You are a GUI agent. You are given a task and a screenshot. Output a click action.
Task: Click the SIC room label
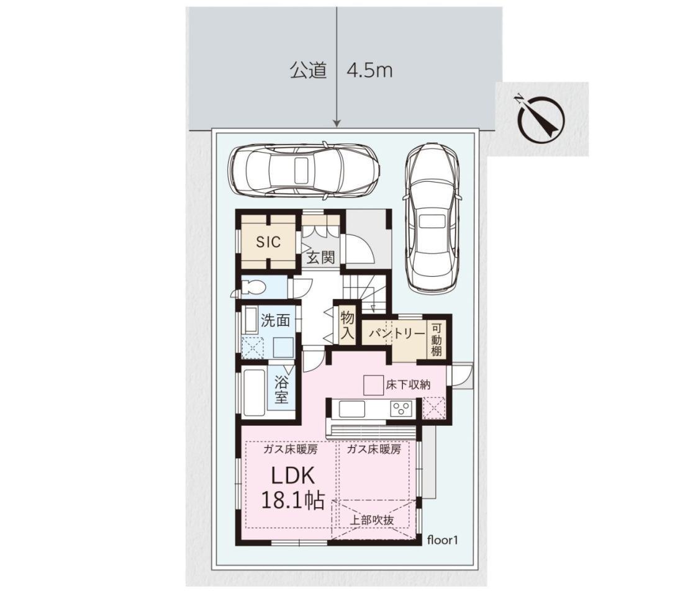(x=268, y=241)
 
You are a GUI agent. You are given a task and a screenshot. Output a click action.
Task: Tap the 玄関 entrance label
(x=321, y=258)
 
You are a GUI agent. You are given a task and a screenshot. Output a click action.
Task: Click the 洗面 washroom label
(x=275, y=320)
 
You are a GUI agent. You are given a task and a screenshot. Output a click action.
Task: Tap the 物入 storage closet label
(x=348, y=325)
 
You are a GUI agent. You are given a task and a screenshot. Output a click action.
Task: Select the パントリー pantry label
(x=396, y=333)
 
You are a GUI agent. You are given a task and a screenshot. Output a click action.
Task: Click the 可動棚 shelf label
(x=436, y=340)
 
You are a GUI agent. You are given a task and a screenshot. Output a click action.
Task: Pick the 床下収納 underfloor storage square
(x=374, y=385)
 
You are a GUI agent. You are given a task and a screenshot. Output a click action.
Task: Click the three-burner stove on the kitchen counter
(x=400, y=409)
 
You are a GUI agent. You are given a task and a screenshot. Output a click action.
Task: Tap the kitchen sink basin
(x=352, y=409)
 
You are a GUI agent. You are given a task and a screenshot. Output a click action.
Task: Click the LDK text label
(x=292, y=476)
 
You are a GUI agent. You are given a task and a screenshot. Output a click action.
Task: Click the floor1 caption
(x=443, y=540)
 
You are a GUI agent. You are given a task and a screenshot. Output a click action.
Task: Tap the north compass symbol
(x=541, y=119)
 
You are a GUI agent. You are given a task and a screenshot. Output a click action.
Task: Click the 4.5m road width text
(x=369, y=71)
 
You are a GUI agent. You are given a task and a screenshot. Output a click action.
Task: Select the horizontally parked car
(x=304, y=169)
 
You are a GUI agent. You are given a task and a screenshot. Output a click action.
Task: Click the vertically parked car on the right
(x=432, y=217)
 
